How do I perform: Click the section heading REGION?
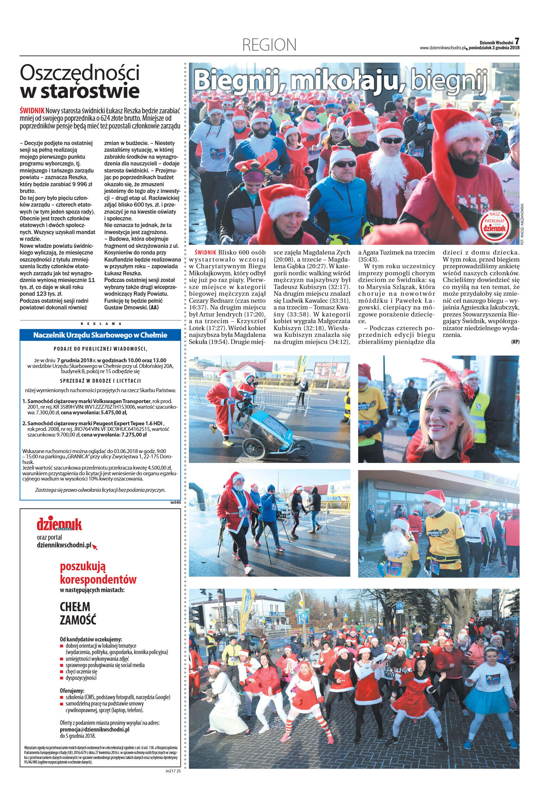[x=270, y=45]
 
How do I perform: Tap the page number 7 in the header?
[x=517, y=41]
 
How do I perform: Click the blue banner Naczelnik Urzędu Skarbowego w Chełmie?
[x=100, y=335]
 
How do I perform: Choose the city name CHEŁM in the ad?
[x=75, y=607]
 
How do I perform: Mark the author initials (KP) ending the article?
[x=515, y=341]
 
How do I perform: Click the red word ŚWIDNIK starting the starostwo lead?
[x=32, y=111]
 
